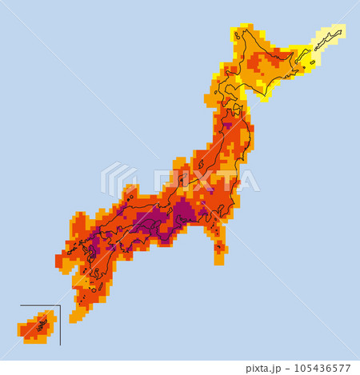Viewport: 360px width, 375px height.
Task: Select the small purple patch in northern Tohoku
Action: pos(227,125)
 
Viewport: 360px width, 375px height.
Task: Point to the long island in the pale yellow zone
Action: pos(330,37)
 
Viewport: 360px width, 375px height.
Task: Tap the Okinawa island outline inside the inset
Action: pos(40,324)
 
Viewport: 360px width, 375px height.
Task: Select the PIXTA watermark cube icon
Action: pos(118,179)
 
